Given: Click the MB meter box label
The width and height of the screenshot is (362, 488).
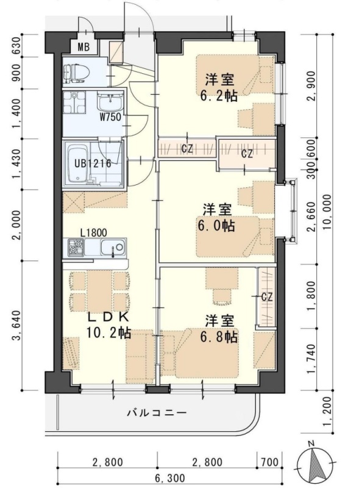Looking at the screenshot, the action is [83, 47].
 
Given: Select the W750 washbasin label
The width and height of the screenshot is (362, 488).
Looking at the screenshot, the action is [110, 117].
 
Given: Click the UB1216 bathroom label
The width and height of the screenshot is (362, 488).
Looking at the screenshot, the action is [93, 163].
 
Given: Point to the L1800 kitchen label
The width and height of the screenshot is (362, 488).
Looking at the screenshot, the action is [93, 233].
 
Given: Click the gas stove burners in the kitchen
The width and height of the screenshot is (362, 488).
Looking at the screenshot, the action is [76, 248].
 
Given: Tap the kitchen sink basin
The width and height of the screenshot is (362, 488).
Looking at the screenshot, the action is [113, 248].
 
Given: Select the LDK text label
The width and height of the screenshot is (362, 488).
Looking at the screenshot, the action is [108, 317].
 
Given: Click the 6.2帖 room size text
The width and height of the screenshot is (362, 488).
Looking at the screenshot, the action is [219, 96].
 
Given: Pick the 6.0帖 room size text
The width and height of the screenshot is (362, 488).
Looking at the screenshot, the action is [216, 226].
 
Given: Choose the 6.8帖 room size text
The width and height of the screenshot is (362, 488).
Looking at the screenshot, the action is [219, 337].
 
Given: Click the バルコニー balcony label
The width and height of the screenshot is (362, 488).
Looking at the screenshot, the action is [157, 413].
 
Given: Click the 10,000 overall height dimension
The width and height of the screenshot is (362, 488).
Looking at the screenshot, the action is [327, 212].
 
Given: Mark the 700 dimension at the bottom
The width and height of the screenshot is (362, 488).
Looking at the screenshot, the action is [269, 462].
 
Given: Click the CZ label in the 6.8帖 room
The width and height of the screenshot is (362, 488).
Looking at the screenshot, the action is [267, 297].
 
